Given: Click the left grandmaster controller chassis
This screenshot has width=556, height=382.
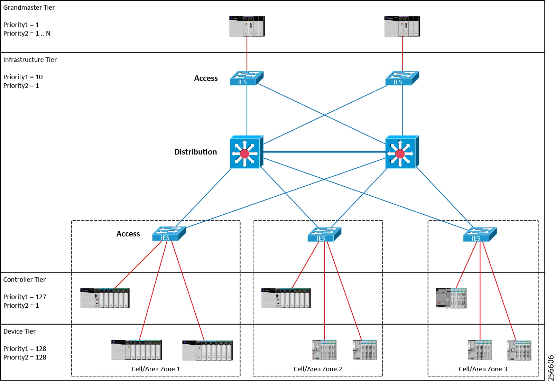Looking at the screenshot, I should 247,26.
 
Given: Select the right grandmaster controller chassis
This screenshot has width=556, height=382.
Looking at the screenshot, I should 402,26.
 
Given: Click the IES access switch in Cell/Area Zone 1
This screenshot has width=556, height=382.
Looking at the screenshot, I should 169,234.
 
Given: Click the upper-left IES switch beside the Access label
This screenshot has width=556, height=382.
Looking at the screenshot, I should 247,78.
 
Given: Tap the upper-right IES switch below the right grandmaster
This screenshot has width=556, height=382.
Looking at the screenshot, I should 402,78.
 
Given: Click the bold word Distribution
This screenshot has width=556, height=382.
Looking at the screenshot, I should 195,152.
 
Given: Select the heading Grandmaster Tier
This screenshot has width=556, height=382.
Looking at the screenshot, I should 29,8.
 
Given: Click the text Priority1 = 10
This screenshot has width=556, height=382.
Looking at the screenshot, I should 23,77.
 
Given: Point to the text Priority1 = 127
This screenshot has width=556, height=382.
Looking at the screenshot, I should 25,297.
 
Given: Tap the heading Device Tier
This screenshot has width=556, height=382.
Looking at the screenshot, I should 19,332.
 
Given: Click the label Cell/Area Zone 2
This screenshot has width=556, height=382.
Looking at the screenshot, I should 317,369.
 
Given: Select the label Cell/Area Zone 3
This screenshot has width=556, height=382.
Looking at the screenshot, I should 483,369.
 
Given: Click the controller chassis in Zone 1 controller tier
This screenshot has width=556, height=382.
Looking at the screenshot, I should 104,298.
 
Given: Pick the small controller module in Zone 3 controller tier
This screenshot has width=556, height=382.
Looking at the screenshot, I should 451,298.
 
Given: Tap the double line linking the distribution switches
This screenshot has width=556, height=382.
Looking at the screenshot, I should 324,152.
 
